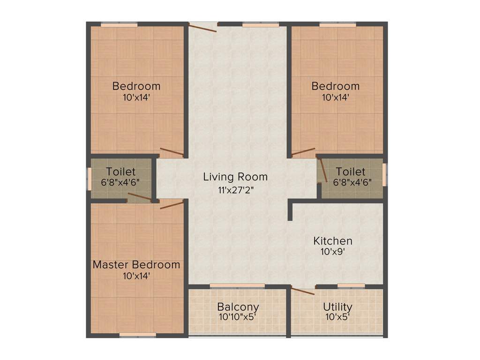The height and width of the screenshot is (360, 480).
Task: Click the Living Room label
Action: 235,177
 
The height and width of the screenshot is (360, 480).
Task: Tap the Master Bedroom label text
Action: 136,264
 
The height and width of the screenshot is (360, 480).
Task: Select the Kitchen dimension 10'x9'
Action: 333,252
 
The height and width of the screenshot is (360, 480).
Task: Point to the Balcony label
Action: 238,307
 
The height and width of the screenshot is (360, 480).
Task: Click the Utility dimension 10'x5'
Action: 337,317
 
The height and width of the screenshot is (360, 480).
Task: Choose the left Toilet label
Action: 120,172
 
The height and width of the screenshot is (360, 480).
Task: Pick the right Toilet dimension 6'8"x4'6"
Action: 352,182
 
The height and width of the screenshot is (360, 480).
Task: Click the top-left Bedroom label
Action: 136,86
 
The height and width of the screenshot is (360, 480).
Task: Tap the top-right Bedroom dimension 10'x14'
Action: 336,97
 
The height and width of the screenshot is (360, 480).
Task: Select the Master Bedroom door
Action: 171,204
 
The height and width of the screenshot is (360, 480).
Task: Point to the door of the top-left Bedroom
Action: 172,152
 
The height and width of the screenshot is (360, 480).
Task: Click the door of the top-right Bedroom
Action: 303,152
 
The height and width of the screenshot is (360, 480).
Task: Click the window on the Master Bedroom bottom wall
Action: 137,335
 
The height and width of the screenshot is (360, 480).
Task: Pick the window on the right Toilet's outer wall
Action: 385,174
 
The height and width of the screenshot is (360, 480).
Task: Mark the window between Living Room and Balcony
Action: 237,285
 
